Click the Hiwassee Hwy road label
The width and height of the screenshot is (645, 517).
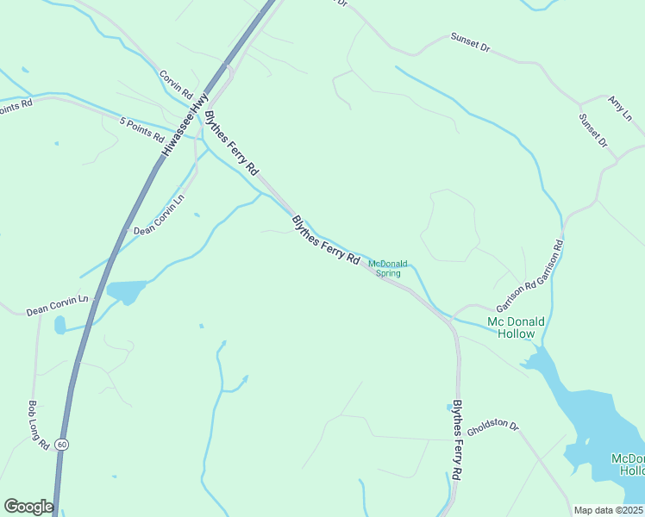click(x=185, y=124)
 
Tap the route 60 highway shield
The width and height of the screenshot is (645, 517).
click(x=61, y=444)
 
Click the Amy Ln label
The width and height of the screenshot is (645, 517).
click(x=621, y=109)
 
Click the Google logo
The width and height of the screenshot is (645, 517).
click(x=28, y=507)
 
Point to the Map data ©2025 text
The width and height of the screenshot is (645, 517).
click(x=608, y=510)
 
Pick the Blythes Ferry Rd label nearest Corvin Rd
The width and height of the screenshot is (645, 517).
click(x=231, y=144)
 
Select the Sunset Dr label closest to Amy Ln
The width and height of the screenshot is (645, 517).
click(x=593, y=130)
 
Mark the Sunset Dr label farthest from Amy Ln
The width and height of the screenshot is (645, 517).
click(x=470, y=44)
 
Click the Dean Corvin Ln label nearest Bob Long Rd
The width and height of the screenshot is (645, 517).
click(x=58, y=305)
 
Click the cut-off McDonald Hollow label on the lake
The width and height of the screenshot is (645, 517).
click(x=627, y=464)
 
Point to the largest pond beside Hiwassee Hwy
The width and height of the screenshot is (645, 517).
click(x=126, y=292)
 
